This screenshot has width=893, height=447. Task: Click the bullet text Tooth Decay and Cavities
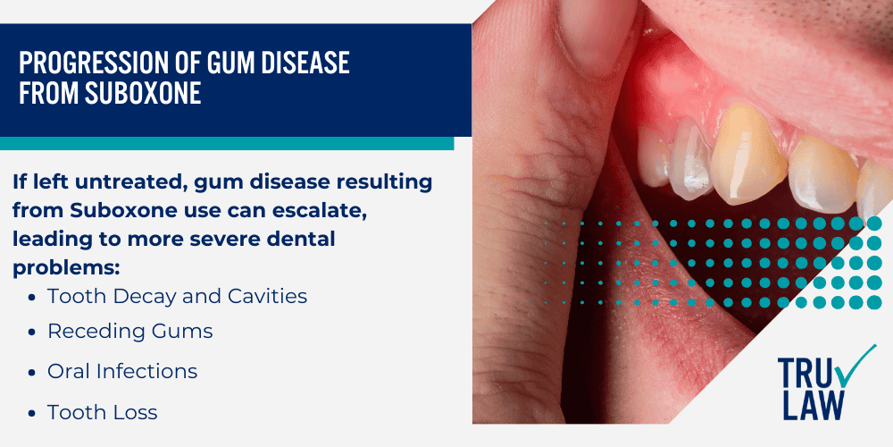(x=177, y=297)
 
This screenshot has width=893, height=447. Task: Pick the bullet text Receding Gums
(x=130, y=332)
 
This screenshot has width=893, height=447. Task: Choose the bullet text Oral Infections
(x=122, y=371)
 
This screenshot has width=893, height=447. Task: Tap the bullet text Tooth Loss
(x=102, y=412)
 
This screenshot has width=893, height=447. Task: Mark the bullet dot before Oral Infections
(x=32, y=371)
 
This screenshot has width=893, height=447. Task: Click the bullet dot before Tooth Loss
(x=32, y=412)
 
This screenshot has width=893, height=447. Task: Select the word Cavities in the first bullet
(x=270, y=297)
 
